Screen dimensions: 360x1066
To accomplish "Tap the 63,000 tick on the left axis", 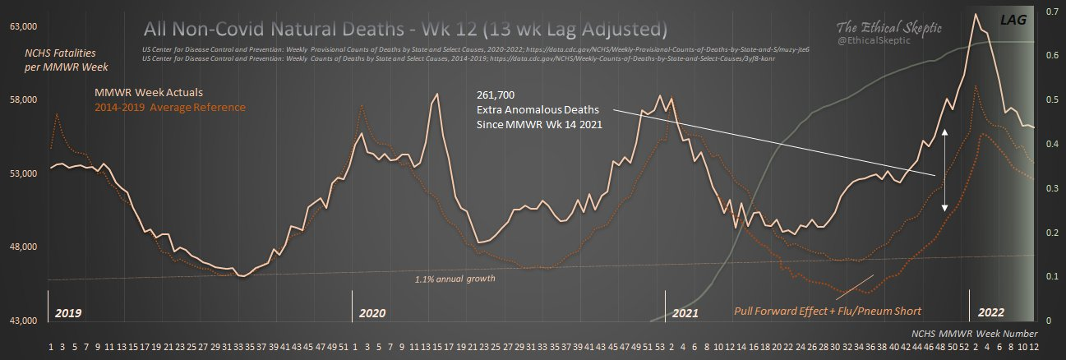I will (25, 27).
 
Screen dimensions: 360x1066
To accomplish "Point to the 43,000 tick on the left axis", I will (25, 321).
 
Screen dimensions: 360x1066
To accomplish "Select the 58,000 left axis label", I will (25, 100).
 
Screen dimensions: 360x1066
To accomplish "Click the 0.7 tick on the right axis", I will (1051, 13).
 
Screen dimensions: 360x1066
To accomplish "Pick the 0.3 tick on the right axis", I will (1051, 189).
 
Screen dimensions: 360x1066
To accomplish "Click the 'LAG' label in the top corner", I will (1012, 18).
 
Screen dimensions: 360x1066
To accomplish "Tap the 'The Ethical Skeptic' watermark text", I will (892, 27).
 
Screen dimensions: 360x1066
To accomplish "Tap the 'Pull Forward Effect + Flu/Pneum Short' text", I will (828, 312).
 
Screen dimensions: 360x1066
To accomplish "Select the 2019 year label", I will (68, 313).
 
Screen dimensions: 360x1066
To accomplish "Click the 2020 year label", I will (372, 313).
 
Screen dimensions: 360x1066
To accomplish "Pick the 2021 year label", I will (685, 313).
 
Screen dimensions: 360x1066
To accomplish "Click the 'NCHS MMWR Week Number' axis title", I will (975, 334).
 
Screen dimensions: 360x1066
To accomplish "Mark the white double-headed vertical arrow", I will (945, 170).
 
